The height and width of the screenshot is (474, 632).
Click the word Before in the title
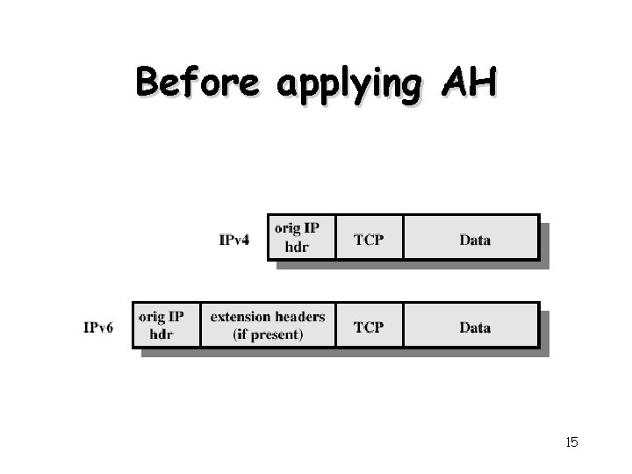pyautogui.click(x=197, y=83)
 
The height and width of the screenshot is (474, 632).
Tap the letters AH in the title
pyautogui.click(x=470, y=83)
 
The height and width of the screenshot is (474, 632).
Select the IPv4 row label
pyautogui.click(x=234, y=240)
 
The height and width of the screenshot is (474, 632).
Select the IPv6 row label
pyautogui.click(x=99, y=327)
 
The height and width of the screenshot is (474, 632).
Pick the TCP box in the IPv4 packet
pyautogui.click(x=369, y=237)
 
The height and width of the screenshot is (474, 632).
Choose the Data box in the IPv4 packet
pyautogui.click(x=471, y=237)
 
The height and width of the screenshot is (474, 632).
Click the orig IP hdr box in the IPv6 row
pyautogui.click(x=166, y=325)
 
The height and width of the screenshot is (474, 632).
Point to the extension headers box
pyautogui.click(x=268, y=325)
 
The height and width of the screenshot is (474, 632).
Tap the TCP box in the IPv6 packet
pyautogui.click(x=369, y=326)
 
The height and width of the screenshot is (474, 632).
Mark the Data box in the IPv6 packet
pyautogui.click(x=471, y=326)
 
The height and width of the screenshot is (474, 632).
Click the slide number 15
pyautogui.click(x=571, y=442)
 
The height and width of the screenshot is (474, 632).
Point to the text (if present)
pyautogui.click(x=268, y=334)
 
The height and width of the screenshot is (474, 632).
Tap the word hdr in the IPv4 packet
pyautogui.click(x=298, y=247)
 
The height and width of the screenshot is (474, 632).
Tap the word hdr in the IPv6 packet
pyautogui.click(x=162, y=334)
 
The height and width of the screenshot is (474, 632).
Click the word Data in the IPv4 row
pyautogui.click(x=475, y=240)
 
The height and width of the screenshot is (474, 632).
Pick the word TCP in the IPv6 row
pyautogui.click(x=369, y=327)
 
